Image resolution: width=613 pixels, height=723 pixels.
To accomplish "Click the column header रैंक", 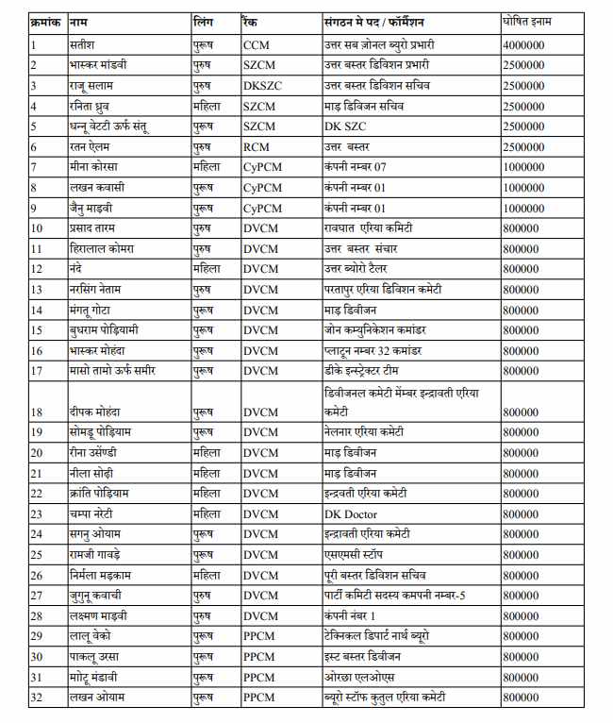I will point(251,20).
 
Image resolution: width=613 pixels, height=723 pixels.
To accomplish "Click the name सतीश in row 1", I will point(82,44).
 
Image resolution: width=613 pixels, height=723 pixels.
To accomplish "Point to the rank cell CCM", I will point(257,44).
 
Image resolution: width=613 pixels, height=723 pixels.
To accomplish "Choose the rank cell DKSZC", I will point(262,85).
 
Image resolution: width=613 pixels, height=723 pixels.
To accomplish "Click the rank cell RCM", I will point(257,146).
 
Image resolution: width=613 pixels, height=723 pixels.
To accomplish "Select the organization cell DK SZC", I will point(346,126).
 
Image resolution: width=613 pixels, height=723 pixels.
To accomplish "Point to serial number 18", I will point(39,412).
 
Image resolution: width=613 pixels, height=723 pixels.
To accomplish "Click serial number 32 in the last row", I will point(39,698).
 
